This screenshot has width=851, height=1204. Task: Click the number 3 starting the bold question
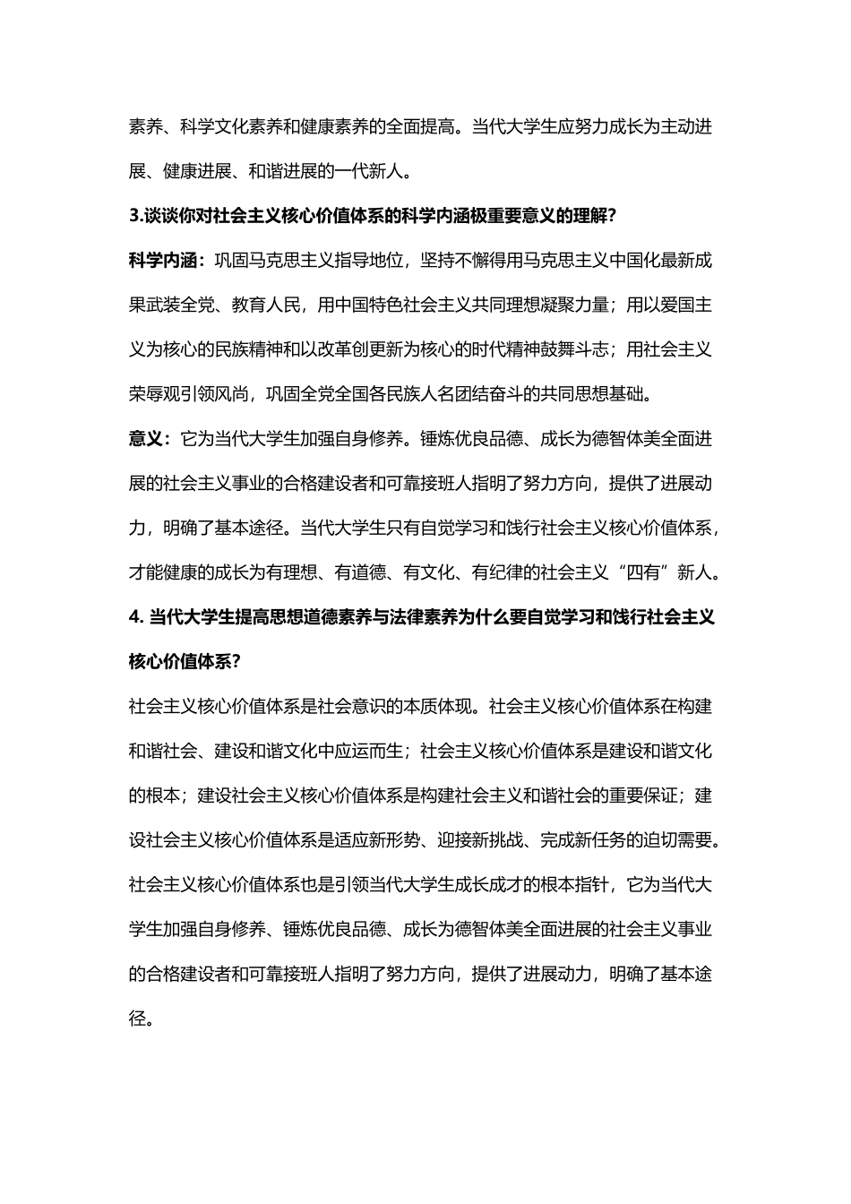click(133, 216)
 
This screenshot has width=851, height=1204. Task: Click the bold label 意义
click(146, 439)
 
